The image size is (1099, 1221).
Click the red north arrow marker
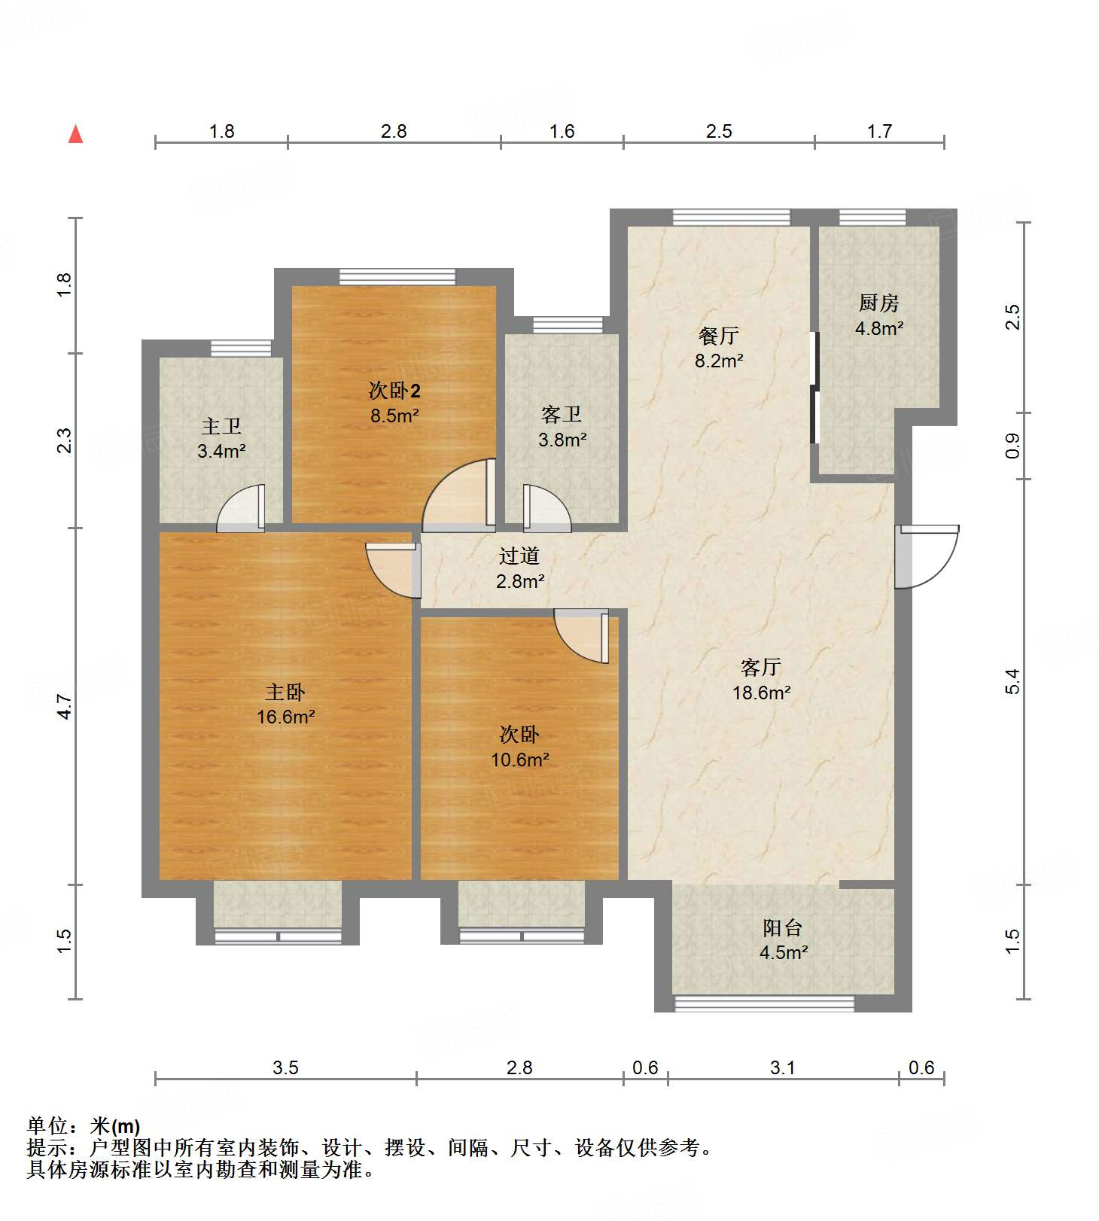click(x=75, y=134)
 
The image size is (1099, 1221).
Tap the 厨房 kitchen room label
click(x=878, y=315)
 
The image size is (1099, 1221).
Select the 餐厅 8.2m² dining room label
click(x=719, y=348)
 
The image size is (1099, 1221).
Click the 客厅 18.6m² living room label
click(x=761, y=680)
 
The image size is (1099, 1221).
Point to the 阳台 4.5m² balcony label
click(x=783, y=939)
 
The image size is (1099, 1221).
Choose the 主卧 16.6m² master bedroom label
click(x=285, y=704)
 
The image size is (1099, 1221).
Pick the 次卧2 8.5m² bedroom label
click(x=394, y=402)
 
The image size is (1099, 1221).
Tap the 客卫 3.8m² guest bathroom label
click(x=562, y=427)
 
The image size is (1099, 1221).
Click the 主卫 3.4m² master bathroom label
click(x=221, y=438)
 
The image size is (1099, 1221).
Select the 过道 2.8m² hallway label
click(x=519, y=568)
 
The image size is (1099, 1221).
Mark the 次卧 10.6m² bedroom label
click(x=519, y=746)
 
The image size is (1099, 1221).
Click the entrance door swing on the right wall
click(x=927, y=556)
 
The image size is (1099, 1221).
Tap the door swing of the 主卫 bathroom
click(x=241, y=509)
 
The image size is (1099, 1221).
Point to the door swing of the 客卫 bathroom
click(x=547, y=509)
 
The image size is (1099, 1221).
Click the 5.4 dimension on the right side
click(x=1012, y=681)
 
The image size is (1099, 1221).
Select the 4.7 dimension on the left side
click(x=65, y=706)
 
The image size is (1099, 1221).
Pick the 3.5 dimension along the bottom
click(x=285, y=1067)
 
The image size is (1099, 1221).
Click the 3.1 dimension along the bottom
click(x=783, y=1067)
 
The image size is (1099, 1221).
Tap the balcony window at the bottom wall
click(x=764, y=1003)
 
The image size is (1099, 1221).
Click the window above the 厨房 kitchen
click(x=872, y=218)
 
